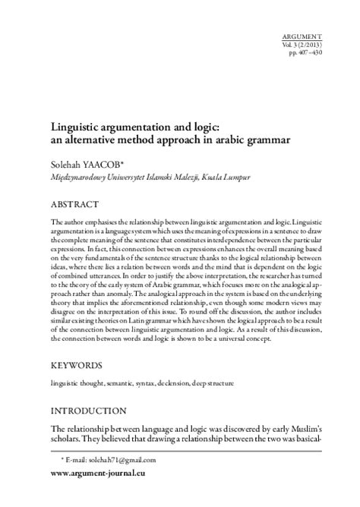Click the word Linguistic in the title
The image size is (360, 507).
coord(76,128)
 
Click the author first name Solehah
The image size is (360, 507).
coord(67,164)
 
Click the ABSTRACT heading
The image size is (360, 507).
coord(74,204)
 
